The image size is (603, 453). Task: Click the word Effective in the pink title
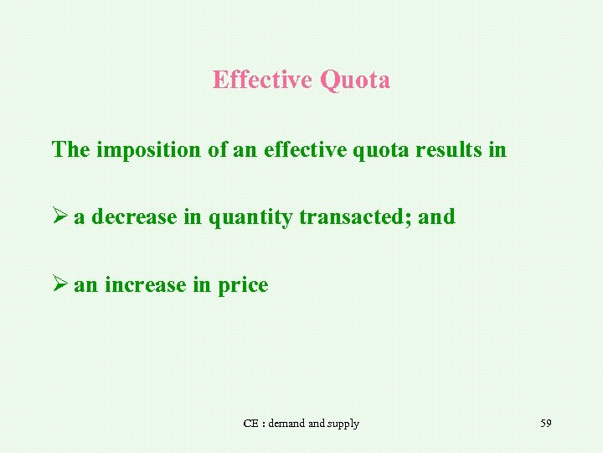coord(262,81)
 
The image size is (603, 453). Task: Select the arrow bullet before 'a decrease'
coord(59,217)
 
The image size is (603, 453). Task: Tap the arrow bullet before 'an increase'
coord(59,285)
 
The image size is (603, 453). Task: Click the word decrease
coord(134,217)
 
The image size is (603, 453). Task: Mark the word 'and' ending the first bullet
coord(436,217)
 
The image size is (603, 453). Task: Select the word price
coord(243,286)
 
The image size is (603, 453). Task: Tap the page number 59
coord(546,423)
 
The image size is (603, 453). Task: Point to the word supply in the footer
coord(343,424)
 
